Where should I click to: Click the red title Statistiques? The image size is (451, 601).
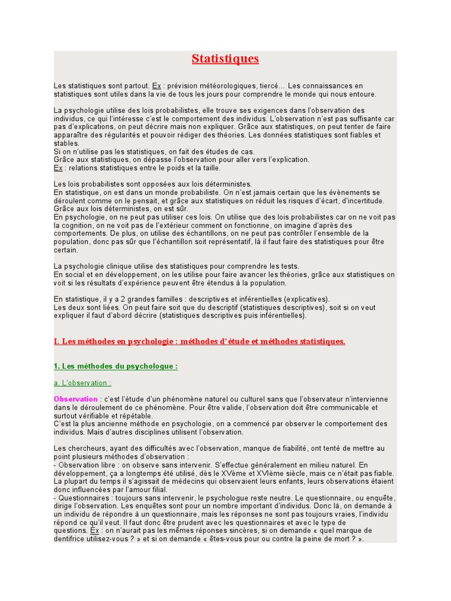225,59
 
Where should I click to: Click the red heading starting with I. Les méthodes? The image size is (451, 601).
199,341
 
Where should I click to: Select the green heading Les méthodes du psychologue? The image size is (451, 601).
115,366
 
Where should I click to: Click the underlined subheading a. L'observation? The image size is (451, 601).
82,383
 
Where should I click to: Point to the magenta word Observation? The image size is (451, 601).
75,399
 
